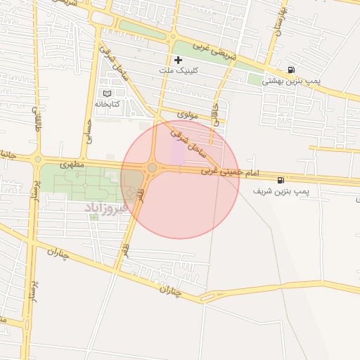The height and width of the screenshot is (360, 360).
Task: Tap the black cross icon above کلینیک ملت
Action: pos(178,60)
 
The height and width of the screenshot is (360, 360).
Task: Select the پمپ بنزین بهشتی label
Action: pos(291,81)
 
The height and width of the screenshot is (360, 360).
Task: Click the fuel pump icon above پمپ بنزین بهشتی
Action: pos(291,70)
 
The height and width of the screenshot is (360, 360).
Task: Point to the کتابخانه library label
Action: pos(108,104)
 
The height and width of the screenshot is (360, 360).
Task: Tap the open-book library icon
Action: pos(107,94)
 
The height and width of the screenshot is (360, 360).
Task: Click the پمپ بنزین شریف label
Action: pos(281,191)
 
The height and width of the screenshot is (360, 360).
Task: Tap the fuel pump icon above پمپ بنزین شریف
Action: pos(281,180)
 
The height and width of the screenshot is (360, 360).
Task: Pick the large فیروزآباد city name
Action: pos(106,207)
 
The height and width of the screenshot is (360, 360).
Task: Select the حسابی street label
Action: pos(89,130)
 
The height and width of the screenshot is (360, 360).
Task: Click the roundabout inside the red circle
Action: pos(153,168)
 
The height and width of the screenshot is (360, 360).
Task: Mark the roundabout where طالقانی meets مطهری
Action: pos(38,159)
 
